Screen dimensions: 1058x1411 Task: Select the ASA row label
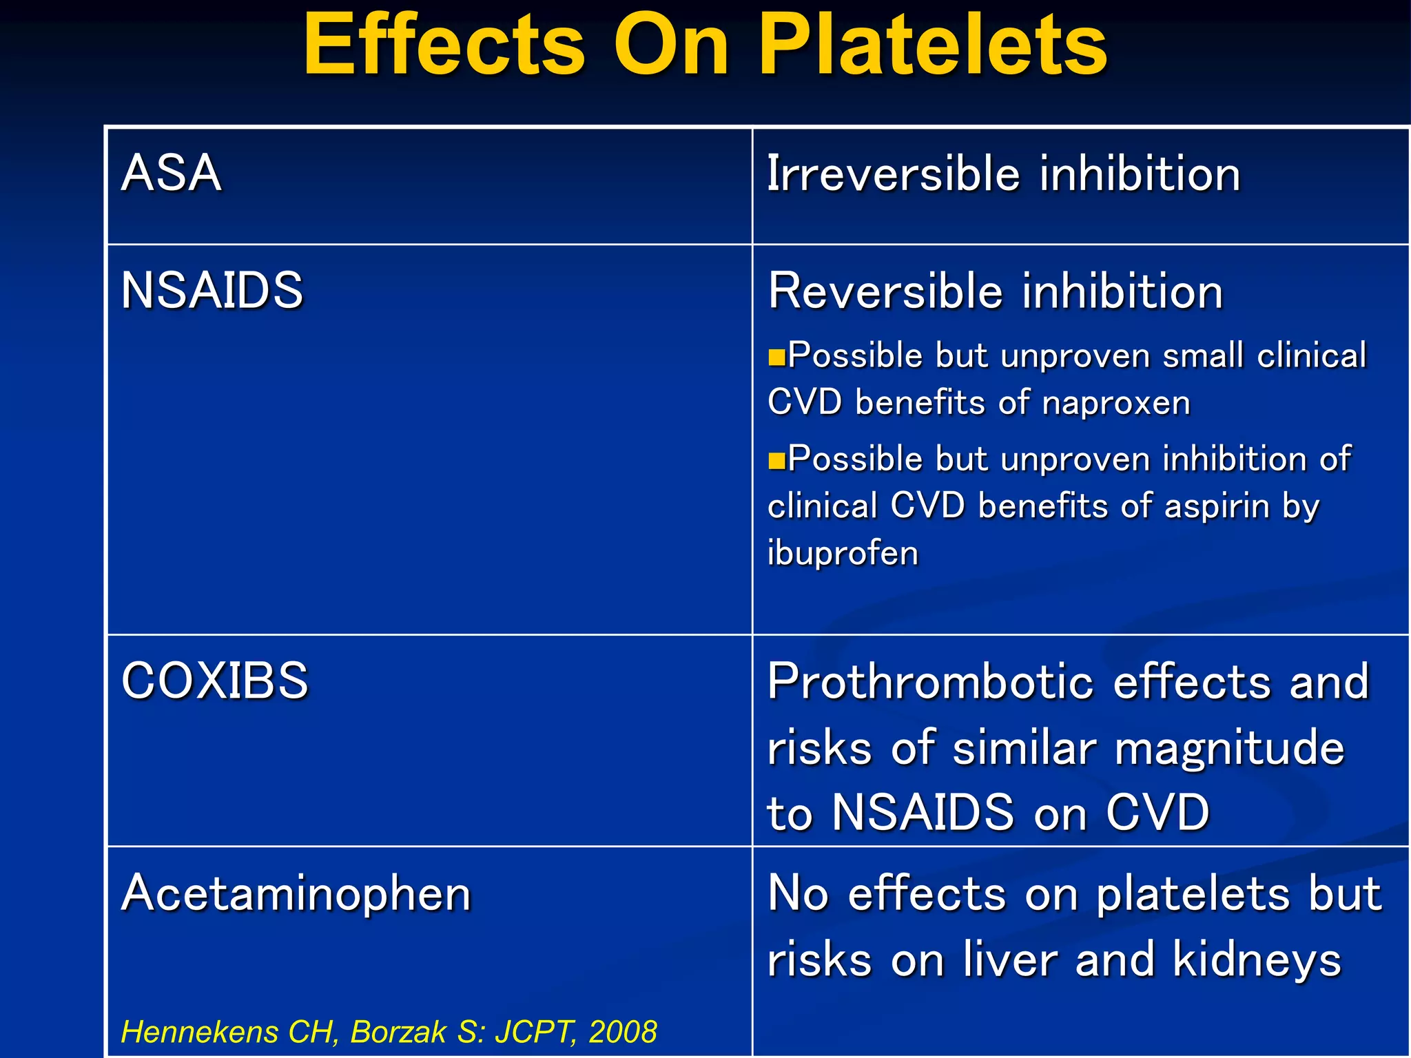coord(171,173)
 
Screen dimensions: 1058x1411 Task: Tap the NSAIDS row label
coord(212,290)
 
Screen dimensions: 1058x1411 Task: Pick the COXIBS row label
coord(214,681)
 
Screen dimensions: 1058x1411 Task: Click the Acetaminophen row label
coord(296,893)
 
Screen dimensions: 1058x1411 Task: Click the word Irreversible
coord(893,174)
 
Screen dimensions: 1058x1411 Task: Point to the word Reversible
coord(885,291)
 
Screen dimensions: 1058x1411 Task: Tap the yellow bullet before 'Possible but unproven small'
coord(776,357)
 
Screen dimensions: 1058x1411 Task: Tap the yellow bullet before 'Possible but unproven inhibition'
coord(776,460)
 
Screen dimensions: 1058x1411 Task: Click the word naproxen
coord(1115,403)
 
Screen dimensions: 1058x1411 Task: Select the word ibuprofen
coord(843,553)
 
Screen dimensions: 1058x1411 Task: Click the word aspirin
coord(1216,506)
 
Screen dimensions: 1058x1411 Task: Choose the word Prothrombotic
coord(930,682)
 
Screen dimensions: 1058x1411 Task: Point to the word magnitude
coord(1229,749)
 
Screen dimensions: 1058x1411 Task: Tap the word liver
coord(1010,960)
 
